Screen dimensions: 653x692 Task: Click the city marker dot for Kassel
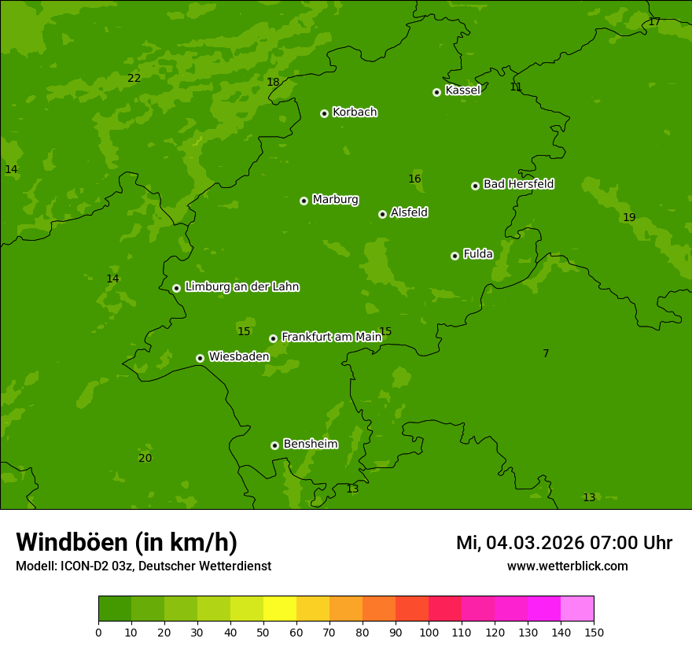(436, 92)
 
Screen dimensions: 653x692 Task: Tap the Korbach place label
(355, 112)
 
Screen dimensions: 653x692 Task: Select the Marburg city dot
(304, 201)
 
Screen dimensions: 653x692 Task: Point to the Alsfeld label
(409, 212)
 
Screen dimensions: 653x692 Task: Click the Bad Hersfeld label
(518, 184)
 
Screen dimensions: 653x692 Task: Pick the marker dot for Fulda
(455, 256)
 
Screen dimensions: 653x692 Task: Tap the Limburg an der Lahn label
(241, 286)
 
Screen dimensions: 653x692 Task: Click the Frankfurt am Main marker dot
(273, 338)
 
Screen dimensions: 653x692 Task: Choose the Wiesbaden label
(238, 356)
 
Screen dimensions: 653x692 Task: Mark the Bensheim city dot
(274, 445)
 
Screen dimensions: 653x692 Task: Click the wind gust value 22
(134, 78)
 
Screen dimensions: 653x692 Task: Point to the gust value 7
(546, 353)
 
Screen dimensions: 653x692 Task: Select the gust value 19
(629, 217)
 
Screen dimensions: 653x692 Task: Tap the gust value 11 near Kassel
(516, 87)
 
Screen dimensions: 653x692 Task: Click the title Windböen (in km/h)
(127, 542)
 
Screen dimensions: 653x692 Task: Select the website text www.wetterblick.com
(567, 566)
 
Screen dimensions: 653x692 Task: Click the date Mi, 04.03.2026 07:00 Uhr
(564, 543)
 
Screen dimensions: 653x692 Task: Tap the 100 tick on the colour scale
(429, 633)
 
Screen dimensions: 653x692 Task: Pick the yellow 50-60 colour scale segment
(280, 609)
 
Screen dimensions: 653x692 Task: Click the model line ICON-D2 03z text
(143, 566)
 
